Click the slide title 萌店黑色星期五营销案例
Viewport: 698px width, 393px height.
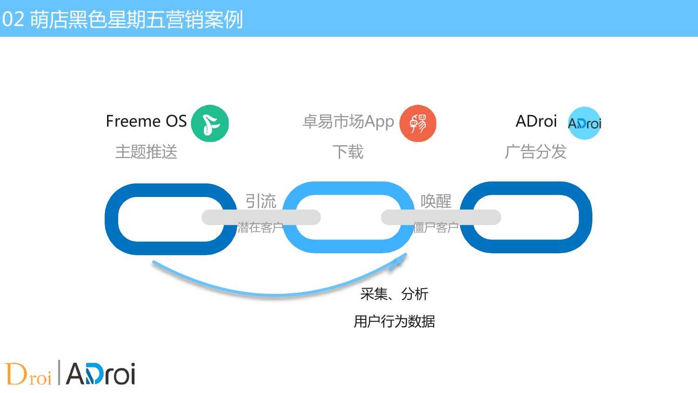[x=136, y=20]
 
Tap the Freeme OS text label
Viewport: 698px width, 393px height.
[x=146, y=121]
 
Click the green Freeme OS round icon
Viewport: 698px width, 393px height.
[x=210, y=123]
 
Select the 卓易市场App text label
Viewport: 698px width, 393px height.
[x=349, y=122]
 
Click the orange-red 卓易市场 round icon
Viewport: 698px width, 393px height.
[x=418, y=123]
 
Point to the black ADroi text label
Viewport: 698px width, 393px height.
[x=536, y=121]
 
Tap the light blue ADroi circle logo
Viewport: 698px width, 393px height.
[x=584, y=123]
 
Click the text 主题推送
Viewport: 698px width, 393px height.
[x=146, y=152]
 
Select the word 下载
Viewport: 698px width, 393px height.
[x=348, y=152]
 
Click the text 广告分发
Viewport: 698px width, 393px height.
[x=536, y=152]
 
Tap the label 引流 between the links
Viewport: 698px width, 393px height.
[x=261, y=201]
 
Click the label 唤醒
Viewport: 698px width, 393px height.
[x=436, y=201]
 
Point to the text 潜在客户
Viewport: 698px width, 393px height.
[x=261, y=228]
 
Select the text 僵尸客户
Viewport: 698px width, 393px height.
[x=436, y=228]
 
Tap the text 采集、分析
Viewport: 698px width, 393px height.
[x=394, y=294]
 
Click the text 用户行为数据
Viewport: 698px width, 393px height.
[x=394, y=321]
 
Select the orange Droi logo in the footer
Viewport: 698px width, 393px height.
[x=28, y=373]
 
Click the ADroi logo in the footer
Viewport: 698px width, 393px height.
[x=101, y=373]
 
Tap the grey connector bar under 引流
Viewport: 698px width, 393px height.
[x=261, y=217]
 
